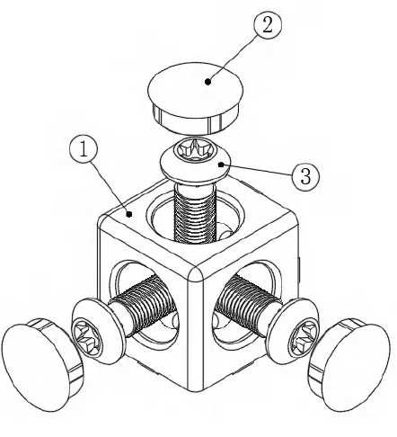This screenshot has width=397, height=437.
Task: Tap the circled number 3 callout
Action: click(x=306, y=176)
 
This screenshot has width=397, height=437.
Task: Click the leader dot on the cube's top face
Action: click(x=130, y=214)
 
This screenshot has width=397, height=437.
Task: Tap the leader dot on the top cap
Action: click(x=207, y=81)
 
